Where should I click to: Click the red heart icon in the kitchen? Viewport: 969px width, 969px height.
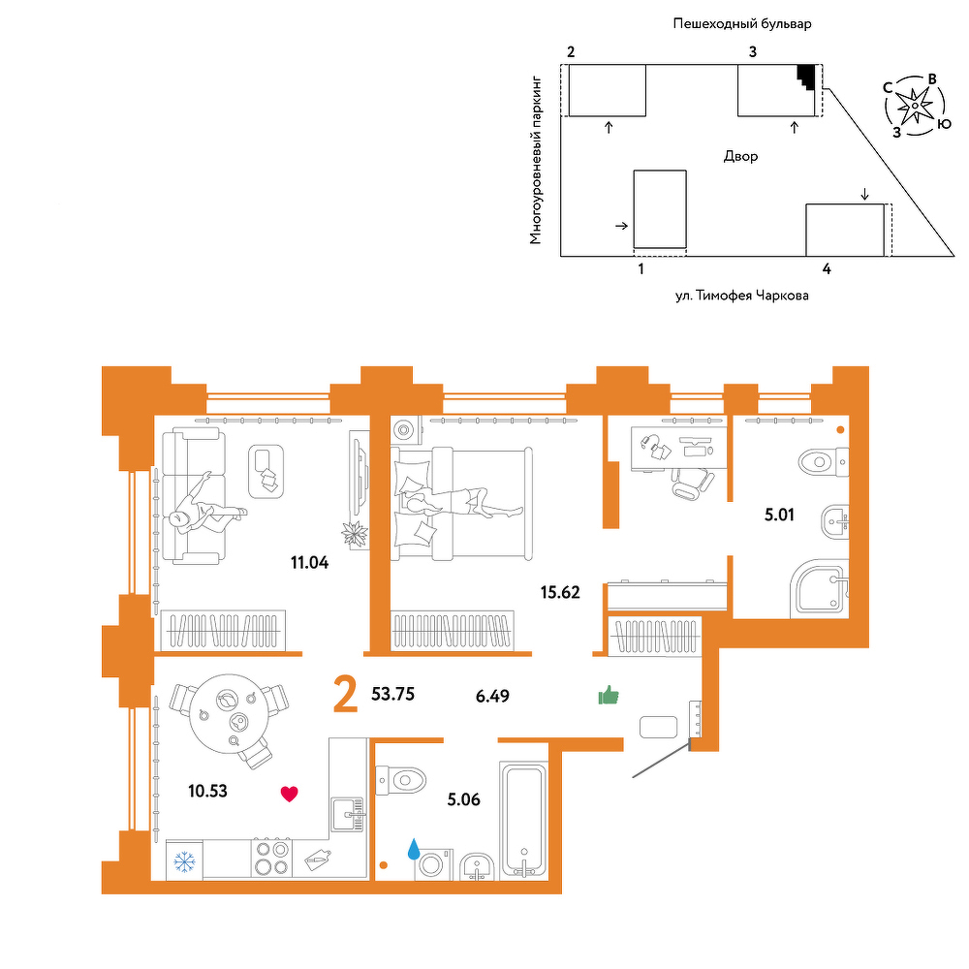tap(289, 794)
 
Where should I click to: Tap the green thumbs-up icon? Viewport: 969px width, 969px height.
tap(609, 695)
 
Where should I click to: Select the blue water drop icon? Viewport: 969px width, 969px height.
tap(414, 849)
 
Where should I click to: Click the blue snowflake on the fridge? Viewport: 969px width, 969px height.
tap(184, 862)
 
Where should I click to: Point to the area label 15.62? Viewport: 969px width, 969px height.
tap(560, 593)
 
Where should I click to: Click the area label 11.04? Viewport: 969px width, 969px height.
tap(310, 562)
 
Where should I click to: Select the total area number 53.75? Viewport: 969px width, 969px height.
tap(393, 694)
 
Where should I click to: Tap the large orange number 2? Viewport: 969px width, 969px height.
tap(346, 694)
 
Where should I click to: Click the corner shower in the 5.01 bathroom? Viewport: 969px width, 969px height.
tap(820, 588)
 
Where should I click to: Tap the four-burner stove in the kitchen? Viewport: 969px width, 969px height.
tap(271, 858)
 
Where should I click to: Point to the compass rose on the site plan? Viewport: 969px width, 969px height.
tap(914, 106)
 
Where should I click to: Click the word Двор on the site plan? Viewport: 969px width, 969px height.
tap(740, 156)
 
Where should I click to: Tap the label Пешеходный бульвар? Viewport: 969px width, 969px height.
tap(742, 24)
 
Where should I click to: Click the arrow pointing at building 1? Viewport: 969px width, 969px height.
tap(622, 226)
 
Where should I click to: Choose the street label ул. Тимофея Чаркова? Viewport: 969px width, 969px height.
tap(741, 296)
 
